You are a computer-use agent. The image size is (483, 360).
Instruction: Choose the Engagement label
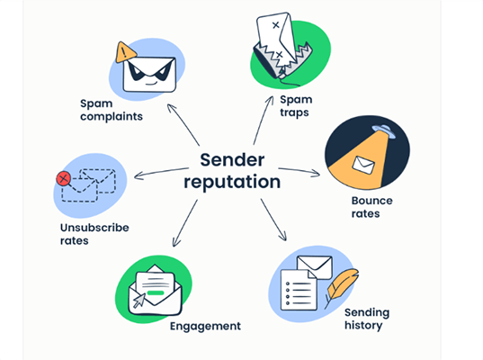tap(205, 325)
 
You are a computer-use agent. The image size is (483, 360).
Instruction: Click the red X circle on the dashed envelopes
tap(63, 178)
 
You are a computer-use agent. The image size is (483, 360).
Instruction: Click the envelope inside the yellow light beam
tap(363, 165)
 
